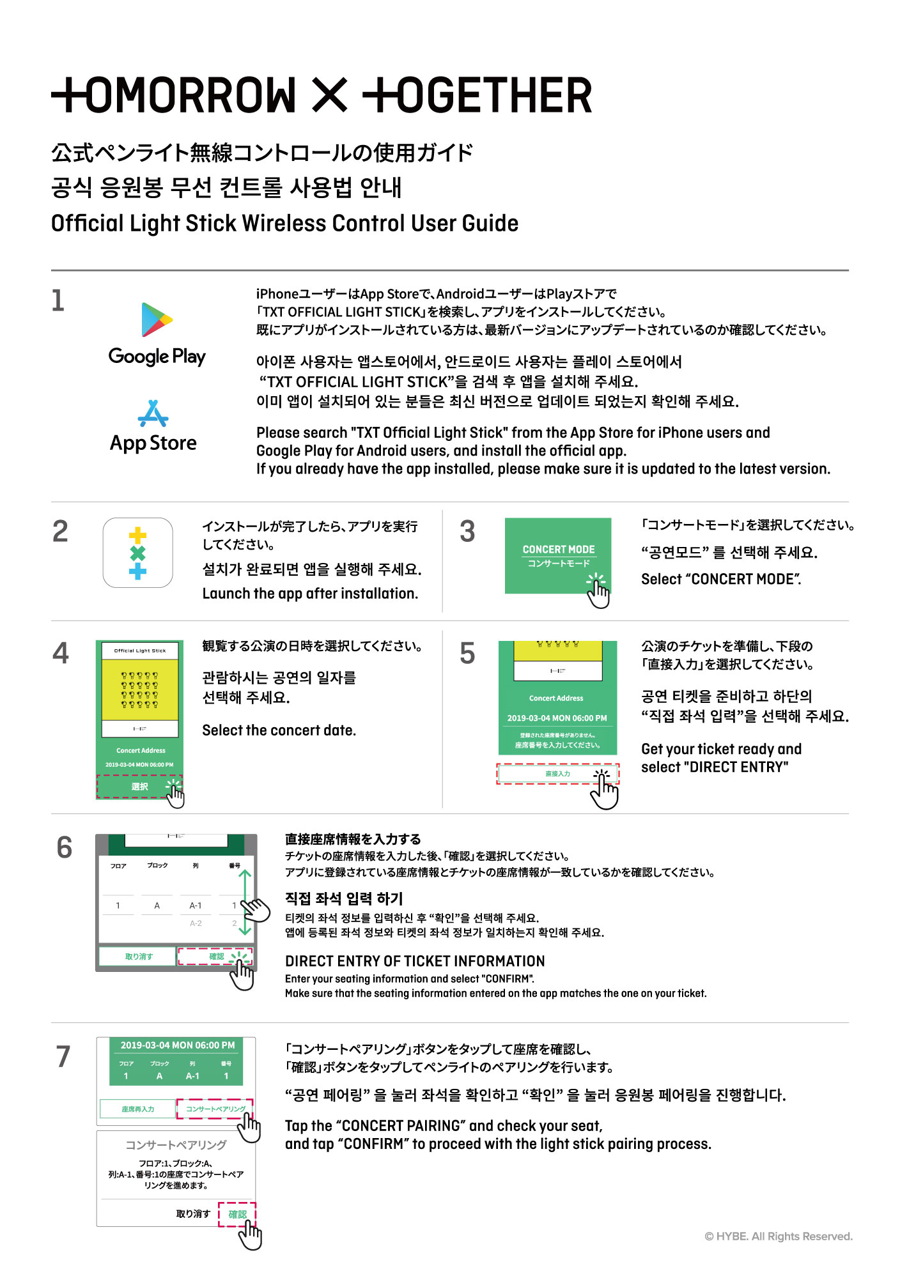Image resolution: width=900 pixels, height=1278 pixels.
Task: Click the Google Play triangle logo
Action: coord(157,319)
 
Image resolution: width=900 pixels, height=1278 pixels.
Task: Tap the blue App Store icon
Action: coord(153,413)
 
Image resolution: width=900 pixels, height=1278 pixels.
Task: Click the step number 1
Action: coord(58,300)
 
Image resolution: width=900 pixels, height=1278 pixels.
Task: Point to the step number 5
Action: coord(467,654)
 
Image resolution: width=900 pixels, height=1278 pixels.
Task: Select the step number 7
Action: coord(63,1056)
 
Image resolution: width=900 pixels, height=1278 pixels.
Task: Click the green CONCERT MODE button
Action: coord(557,555)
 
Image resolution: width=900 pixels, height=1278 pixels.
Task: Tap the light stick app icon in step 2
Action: coord(138,553)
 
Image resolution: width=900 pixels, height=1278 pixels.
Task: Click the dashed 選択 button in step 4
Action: coord(139,787)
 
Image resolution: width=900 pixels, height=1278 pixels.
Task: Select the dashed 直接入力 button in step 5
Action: coord(557,774)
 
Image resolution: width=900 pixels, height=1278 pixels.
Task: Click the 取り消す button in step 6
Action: coord(138,957)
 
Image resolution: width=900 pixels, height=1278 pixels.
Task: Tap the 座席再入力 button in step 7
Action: coord(137,1109)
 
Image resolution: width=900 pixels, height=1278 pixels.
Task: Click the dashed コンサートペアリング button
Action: coord(215,1109)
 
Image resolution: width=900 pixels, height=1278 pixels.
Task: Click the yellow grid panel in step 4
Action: coord(140,690)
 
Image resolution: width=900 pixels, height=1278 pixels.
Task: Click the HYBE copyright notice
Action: coord(778,1236)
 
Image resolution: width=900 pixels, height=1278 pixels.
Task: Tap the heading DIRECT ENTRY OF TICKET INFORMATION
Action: coord(415,961)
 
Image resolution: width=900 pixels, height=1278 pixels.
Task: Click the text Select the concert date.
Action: coord(279,730)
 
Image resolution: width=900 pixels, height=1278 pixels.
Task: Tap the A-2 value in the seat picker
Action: coord(196,923)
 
